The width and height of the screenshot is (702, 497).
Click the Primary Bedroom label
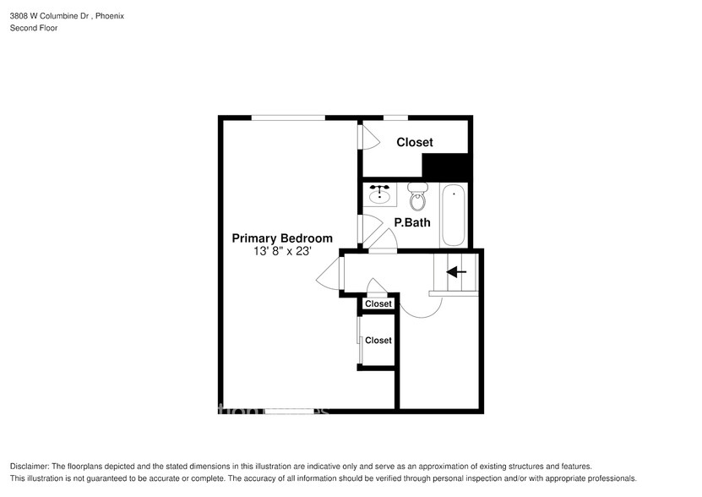(282, 238)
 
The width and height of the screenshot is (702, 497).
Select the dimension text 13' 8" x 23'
(282, 251)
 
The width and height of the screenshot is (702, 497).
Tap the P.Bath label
(412, 223)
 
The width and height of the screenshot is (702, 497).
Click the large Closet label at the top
(414, 143)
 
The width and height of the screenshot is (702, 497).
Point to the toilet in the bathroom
(417, 198)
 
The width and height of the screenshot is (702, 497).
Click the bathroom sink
(380, 195)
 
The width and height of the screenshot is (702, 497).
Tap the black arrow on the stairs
(456, 272)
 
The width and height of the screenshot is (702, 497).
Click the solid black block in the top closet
(445, 167)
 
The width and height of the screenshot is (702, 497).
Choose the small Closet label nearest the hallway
(378, 303)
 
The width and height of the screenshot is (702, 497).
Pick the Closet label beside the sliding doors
(378, 340)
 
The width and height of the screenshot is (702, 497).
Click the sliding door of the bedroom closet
(359, 340)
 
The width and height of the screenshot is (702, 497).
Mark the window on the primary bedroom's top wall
(288, 117)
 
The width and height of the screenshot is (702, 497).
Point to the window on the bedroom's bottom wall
(288, 412)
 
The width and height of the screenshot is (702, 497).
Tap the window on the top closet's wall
(395, 117)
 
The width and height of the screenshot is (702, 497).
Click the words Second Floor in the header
(34, 28)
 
